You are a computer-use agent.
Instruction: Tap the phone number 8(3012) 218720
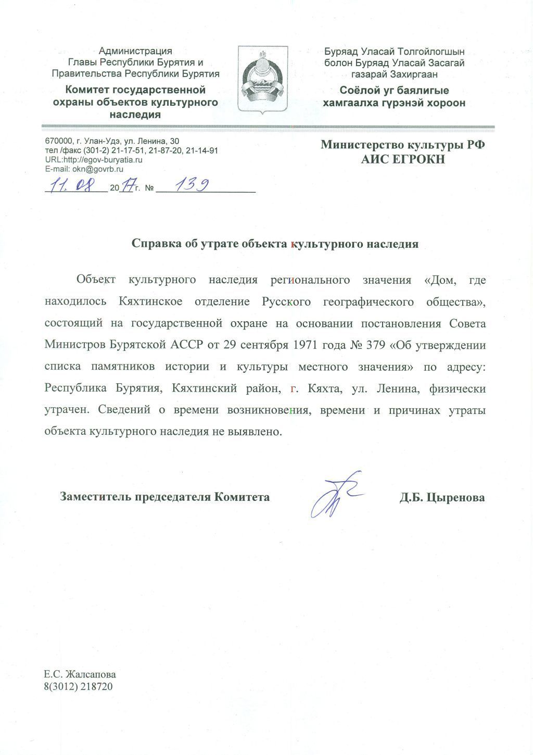[79, 686]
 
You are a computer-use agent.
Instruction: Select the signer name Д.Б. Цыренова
[442, 497]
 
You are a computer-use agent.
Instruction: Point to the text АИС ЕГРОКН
[403, 159]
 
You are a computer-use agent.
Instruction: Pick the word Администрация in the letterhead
[135, 51]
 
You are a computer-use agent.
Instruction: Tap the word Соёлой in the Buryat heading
[359, 91]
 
